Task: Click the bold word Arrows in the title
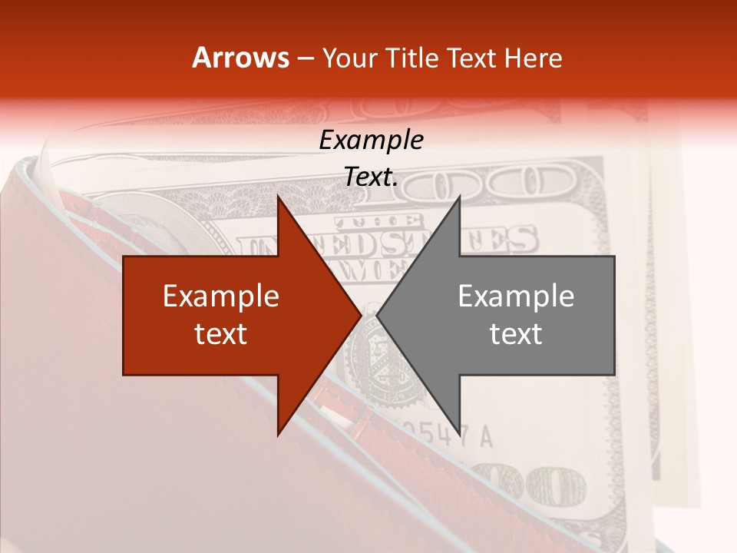[x=241, y=58]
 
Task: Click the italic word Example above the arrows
[x=371, y=140]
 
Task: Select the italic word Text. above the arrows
[x=371, y=177]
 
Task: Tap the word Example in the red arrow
[x=221, y=296]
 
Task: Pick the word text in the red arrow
[x=221, y=334]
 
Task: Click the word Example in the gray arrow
[x=516, y=296]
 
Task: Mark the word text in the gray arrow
[x=516, y=334]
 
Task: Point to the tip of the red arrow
[x=359, y=315]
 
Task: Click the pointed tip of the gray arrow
[x=378, y=315]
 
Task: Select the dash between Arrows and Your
[x=305, y=58]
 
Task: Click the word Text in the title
[x=473, y=58]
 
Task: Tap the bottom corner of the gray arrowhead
[x=459, y=433]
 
